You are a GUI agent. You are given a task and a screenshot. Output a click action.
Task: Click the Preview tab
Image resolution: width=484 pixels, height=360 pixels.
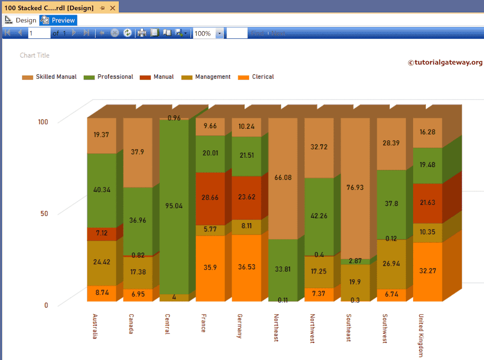click(x=58, y=20)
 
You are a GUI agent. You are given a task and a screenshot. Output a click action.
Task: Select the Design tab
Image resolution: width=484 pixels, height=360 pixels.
click(x=21, y=20)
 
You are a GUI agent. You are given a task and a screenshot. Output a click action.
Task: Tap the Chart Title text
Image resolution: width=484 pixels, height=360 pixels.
click(x=35, y=55)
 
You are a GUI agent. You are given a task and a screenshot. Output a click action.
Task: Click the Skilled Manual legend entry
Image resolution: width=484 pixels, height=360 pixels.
click(x=50, y=77)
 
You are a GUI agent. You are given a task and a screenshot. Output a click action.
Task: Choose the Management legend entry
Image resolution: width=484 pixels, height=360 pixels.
click(x=207, y=77)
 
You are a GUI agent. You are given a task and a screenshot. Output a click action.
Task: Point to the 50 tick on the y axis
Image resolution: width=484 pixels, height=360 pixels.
click(x=43, y=213)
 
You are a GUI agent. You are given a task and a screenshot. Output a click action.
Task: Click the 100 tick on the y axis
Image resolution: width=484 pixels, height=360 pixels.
click(x=43, y=122)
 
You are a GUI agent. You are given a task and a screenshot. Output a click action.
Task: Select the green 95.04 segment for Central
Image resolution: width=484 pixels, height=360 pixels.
click(x=174, y=206)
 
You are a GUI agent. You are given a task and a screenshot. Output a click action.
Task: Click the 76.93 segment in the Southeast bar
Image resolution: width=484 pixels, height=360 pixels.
click(x=355, y=187)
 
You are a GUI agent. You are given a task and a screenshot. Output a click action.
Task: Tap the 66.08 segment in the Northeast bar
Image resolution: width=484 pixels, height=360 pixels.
click(x=283, y=178)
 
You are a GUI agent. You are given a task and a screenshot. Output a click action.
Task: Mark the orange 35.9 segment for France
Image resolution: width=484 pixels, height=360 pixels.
click(x=210, y=267)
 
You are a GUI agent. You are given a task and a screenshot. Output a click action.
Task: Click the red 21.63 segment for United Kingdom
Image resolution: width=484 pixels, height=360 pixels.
click(x=427, y=202)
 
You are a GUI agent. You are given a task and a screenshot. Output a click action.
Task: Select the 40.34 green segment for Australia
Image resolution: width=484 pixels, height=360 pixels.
click(x=101, y=190)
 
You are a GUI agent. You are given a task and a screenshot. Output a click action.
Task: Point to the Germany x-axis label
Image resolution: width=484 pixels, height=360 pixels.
click(x=240, y=326)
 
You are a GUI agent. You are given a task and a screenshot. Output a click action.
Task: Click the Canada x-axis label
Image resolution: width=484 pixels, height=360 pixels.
click(x=131, y=324)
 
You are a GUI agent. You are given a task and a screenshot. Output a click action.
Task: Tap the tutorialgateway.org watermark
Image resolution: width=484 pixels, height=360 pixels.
click(x=445, y=62)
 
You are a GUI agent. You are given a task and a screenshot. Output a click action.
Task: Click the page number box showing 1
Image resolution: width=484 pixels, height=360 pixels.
click(x=39, y=33)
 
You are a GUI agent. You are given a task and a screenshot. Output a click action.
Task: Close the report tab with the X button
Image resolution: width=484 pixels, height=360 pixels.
click(x=112, y=8)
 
